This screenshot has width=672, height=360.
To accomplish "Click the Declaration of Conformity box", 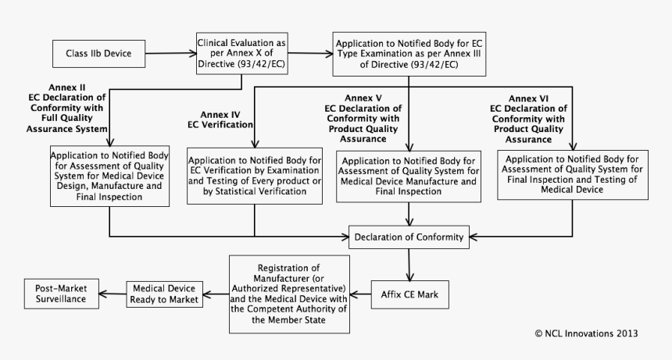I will pyautogui.click(x=409, y=237).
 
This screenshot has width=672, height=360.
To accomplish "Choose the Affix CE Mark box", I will pyautogui.click(x=409, y=294).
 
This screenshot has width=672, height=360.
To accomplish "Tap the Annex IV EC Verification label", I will pyautogui.click(x=220, y=119).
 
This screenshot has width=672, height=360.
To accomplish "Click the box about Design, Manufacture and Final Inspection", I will pyautogui.click(x=110, y=175).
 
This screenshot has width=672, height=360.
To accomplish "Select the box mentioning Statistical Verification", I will pyautogui.click(x=256, y=176).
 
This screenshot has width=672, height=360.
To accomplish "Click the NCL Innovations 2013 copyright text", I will pyautogui.click(x=586, y=333).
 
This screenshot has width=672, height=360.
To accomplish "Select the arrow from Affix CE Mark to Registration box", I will pyautogui.click(x=359, y=294).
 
